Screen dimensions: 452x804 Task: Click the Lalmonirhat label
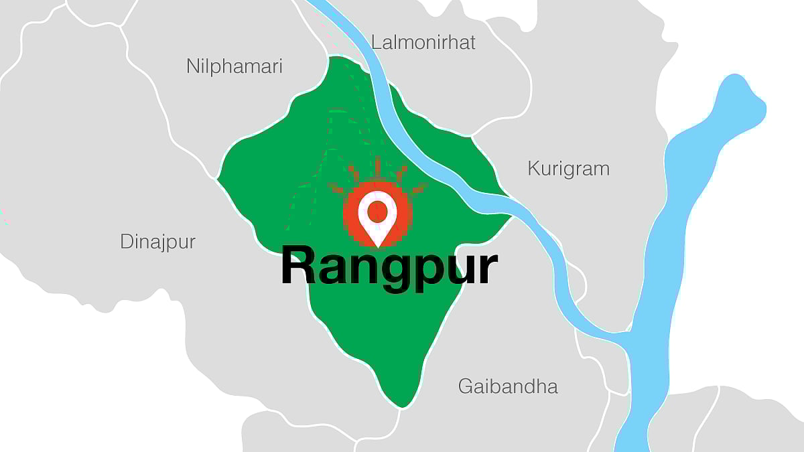[x=423, y=42]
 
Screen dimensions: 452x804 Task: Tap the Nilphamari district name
[x=234, y=66]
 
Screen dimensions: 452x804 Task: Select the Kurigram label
[x=569, y=168]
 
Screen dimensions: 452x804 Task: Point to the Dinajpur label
[x=158, y=242]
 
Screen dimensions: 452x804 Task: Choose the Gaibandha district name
[x=508, y=386]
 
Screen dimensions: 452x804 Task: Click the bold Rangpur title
[x=389, y=267]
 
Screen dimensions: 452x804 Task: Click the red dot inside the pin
[x=378, y=211]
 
